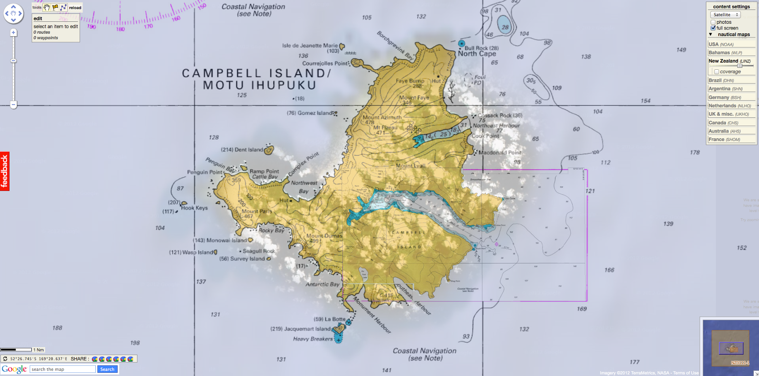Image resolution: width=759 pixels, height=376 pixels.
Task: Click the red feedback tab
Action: (x=5, y=171)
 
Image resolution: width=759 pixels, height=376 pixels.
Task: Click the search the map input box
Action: (x=63, y=369)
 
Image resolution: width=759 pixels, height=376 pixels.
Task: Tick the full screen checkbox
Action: (x=713, y=28)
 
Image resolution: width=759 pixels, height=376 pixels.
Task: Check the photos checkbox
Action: (x=713, y=22)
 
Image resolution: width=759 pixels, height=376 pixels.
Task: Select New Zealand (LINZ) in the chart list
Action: (x=723, y=61)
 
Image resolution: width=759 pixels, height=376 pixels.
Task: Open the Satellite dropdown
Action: (x=725, y=15)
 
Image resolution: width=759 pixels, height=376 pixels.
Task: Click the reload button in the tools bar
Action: (x=75, y=8)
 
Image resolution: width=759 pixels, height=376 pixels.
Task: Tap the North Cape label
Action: (x=477, y=54)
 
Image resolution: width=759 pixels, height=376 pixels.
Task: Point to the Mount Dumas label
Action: (x=324, y=235)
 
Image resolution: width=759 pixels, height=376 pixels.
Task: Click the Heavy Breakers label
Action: (x=313, y=339)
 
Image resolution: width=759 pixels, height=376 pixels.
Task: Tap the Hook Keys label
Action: (x=194, y=208)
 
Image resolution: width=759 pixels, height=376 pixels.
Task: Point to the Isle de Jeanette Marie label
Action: (x=310, y=46)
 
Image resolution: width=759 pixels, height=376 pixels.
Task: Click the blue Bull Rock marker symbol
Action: (x=461, y=43)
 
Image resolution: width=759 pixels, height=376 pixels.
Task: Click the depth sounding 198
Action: (x=135, y=343)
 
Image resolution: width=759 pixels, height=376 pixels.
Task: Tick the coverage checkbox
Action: (x=716, y=72)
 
